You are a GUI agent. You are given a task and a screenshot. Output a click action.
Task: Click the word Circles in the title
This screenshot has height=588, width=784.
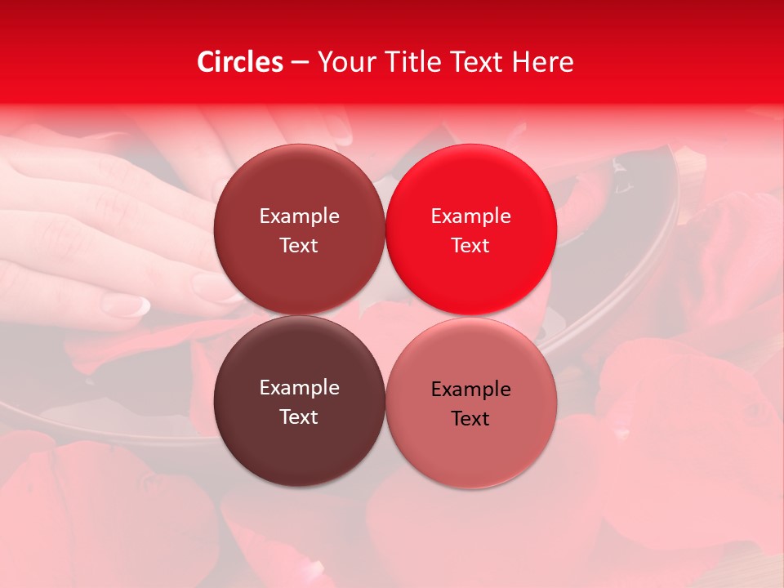point(240,62)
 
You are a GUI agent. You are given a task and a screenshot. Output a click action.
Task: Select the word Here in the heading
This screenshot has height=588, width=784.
point(542,62)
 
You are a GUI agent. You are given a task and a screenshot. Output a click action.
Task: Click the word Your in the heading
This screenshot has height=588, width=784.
point(344,62)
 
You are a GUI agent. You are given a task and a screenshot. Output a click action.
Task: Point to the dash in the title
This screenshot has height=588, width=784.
point(300,63)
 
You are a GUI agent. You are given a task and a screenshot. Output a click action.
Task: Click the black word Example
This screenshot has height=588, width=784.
point(470,389)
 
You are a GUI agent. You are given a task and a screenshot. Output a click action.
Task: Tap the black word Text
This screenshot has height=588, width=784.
point(470,418)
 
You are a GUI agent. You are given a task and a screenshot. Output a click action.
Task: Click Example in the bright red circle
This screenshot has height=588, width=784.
point(470,216)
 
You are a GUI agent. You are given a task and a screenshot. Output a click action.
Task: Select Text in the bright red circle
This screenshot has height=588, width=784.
point(470,245)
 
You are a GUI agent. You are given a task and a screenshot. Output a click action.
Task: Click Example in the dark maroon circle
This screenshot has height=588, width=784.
point(299,387)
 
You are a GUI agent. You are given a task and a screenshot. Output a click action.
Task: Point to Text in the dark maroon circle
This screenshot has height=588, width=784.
point(299,416)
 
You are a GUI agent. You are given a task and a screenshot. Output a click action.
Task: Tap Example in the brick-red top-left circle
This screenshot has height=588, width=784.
point(299,216)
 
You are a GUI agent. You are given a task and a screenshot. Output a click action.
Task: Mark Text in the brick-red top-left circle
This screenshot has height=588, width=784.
point(299,245)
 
